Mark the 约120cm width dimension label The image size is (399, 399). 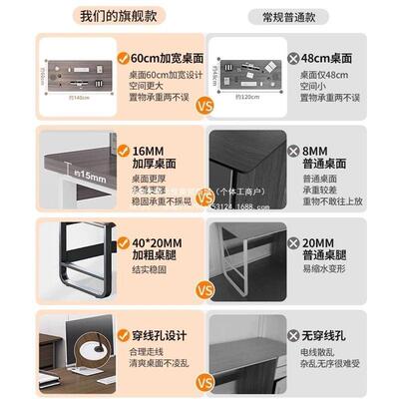click(x=239, y=98)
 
